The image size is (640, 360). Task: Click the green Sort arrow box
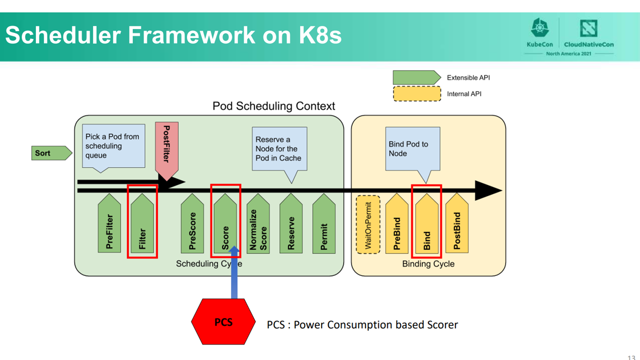[x=51, y=153]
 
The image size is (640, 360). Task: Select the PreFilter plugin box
[x=109, y=223]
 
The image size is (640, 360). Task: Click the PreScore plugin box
[x=192, y=223]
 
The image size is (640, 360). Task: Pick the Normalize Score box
[x=258, y=223]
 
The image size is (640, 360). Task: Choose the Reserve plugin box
[x=291, y=223]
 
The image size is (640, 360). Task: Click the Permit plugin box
[x=323, y=223]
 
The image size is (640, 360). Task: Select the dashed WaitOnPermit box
[x=368, y=224]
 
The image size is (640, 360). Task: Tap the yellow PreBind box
[x=397, y=223]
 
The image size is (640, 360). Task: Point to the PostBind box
[x=457, y=223]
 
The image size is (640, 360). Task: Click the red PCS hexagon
[x=223, y=321]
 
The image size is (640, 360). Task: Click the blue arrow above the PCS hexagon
[x=234, y=272]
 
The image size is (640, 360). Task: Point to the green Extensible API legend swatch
[x=417, y=77]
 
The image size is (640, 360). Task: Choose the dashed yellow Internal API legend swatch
[x=417, y=93]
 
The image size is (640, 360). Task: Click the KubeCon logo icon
[x=539, y=27]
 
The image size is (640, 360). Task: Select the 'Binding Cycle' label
[x=428, y=263]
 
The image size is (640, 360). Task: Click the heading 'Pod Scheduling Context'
[x=273, y=106]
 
